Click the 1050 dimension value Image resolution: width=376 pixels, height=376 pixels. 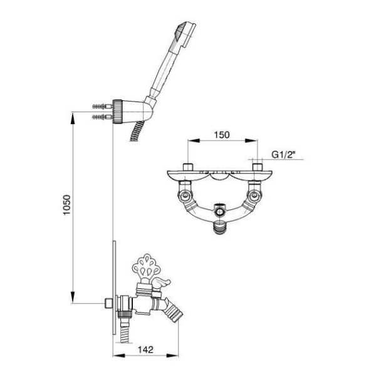coord(67,205)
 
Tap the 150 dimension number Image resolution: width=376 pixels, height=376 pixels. coord(222,135)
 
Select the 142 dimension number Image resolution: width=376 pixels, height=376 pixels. coord(145,350)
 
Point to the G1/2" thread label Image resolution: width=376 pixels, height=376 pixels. coord(283,154)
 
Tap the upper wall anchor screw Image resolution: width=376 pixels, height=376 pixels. coord(102,106)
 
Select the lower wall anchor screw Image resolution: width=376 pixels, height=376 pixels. coord(102,117)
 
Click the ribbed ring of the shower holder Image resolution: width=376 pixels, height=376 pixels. coord(118,112)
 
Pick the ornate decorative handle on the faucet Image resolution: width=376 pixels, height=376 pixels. coord(146,267)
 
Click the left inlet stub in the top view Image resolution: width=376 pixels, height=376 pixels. coord(187,167)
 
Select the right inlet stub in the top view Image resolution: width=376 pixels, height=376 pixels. coord(258,167)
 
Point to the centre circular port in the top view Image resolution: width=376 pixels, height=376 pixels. coord(219,212)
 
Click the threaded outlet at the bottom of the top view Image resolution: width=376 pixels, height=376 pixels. coord(219,227)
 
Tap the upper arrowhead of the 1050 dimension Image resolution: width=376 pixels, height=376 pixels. coord(73,118)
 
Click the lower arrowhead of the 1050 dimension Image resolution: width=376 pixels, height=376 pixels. coord(73,297)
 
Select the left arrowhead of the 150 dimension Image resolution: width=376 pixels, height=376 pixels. coord(194,140)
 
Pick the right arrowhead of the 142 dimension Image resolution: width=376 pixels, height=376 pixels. coord(172,355)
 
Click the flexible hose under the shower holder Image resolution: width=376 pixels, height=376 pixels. coord(137,132)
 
